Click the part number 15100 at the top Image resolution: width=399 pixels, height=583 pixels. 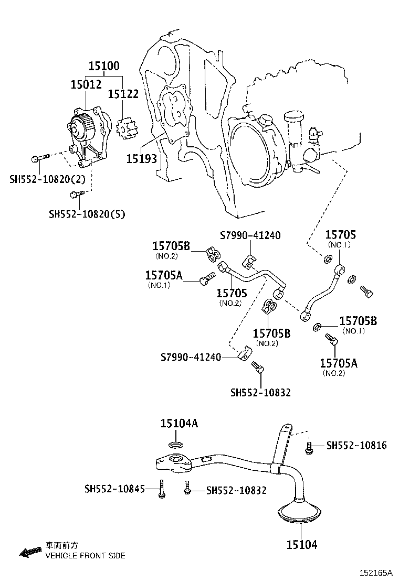[104, 66]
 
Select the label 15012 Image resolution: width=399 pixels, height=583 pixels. [86, 84]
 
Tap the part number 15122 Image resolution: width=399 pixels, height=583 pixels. [123, 94]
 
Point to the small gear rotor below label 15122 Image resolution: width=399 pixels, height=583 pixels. [126, 128]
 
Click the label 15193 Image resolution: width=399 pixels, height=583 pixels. [141, 158]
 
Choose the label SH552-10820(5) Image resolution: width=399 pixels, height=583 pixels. [87, 214]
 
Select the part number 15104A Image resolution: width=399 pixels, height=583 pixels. [179, 424]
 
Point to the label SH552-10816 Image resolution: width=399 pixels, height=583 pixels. [356, 446]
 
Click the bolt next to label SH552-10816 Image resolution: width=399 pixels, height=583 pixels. [310, 447]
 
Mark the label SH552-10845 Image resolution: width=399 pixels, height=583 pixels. [114, 489]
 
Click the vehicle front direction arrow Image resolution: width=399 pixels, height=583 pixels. [29, 552]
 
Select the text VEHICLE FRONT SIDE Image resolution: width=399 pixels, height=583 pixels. [85, 556]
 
